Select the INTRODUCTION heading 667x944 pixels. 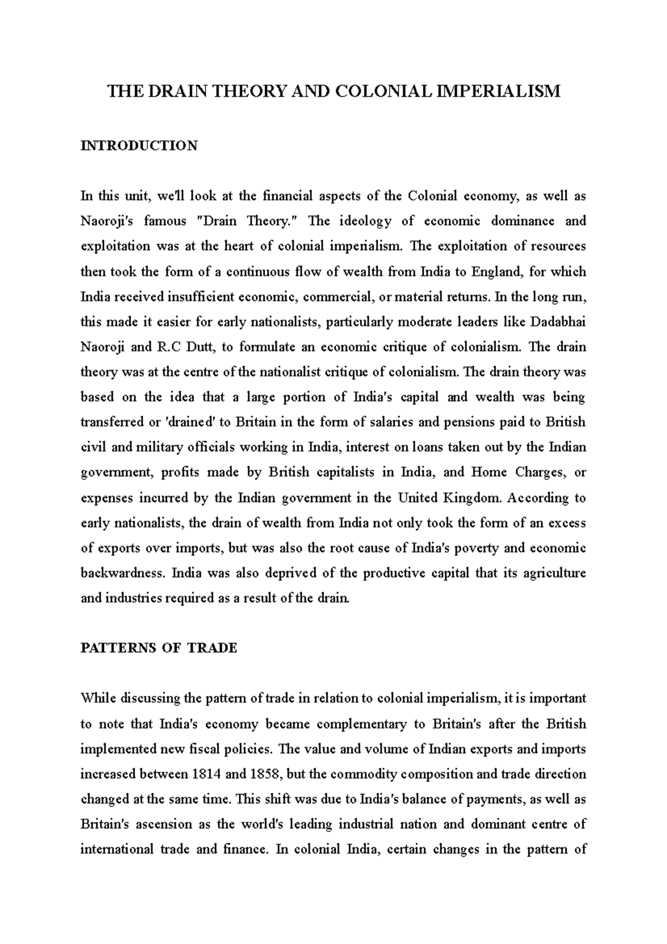point(139,146)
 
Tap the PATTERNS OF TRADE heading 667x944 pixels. point(159,648)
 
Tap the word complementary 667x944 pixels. point(345,724)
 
